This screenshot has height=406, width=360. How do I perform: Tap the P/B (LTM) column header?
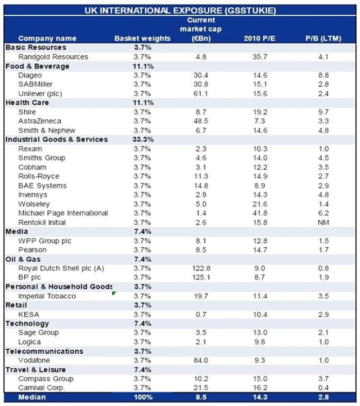pos(322,38)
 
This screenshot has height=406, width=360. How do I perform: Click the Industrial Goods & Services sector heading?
pos(56,139)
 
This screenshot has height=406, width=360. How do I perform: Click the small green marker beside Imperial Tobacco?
pos(114,293)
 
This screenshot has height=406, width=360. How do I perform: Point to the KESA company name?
pos(28,314)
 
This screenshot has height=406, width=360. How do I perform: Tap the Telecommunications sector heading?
pos(44,351)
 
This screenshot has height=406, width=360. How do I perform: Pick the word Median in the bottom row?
pos(31,398)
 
